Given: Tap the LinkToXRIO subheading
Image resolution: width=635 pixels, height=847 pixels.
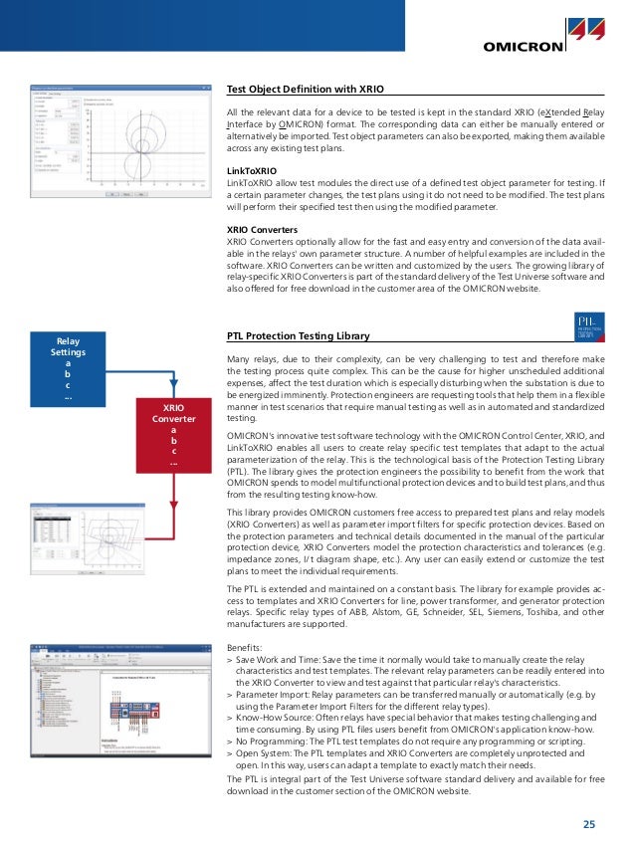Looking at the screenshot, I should click(x=253, y=170).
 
